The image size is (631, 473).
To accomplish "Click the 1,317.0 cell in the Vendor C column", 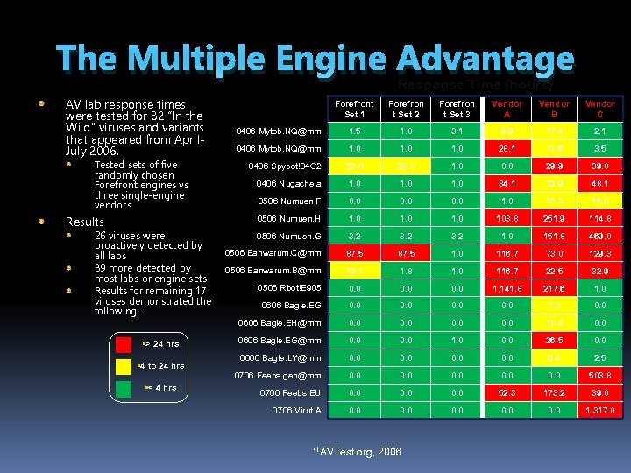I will pos(600,410).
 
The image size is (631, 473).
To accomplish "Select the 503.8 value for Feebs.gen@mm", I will pos(600,375).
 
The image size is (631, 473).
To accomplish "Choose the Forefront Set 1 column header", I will pos(355,109).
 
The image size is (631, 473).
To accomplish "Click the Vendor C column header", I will pos(600,109).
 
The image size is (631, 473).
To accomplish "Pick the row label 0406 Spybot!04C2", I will pos(285,166).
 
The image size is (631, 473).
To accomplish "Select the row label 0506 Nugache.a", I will pos(288,183).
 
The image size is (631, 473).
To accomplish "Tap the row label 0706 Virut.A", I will pos(296,410).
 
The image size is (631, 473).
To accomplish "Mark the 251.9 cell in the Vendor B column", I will pos(554,218).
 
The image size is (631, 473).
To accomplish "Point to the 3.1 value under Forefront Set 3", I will pos(457,131).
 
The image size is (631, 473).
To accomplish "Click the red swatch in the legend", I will pos(124,343).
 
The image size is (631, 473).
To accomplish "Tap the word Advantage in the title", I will pos(485,60).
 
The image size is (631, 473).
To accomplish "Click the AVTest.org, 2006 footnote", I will pos(358,451).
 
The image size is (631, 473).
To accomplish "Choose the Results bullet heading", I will pos(85,222).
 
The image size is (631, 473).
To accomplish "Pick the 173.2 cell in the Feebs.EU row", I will pos(554,392).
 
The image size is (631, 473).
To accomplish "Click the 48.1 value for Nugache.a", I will pos(600,183).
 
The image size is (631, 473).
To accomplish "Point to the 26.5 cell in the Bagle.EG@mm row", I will pos(554,340).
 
